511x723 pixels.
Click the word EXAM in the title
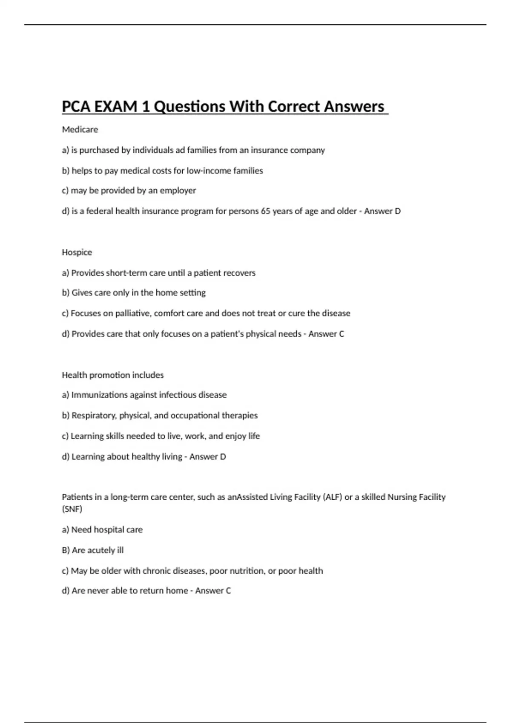pos(116,106)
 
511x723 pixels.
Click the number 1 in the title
pos(146,106)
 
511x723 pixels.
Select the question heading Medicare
pos(80,129)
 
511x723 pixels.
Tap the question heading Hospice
pos(77,252)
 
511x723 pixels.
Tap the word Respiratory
pos(94,416)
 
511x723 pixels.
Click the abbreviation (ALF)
pos(333,497)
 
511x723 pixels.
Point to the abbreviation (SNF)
pos(72,509)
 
